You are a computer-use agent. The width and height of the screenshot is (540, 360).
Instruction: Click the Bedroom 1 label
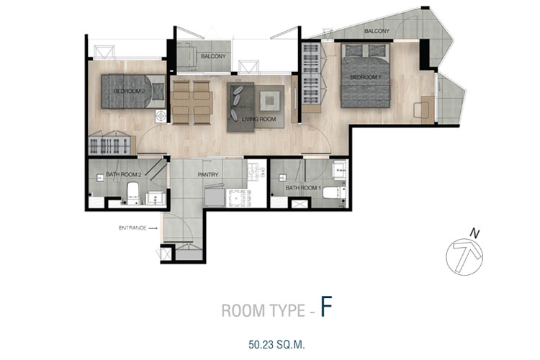(x=365, y=77)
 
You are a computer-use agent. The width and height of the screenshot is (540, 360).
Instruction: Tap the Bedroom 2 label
(x=127, y=91)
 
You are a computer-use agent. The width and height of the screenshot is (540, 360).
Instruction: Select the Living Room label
(x=258, y=120)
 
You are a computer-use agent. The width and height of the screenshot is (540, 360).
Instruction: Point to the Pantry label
(x=208, y=175)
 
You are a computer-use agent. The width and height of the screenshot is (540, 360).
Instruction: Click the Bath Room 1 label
(x=303, y=188)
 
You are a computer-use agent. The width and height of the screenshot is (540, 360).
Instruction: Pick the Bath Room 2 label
(x=124, y=174)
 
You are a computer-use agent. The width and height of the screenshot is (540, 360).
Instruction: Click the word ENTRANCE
(x=132, y=228)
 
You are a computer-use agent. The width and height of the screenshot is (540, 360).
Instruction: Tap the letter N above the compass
(x=474, y=234)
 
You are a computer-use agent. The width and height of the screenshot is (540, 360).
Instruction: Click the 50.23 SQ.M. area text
(x=276, y=344)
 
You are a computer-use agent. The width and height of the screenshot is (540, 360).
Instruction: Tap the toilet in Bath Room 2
(x=132, y=193)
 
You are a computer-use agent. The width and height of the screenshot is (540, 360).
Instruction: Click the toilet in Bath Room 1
(x=333, y=192)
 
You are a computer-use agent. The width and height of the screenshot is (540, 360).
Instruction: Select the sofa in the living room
(x=240, y=107)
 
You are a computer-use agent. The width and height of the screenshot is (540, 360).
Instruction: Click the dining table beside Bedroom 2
(x=192, y=102)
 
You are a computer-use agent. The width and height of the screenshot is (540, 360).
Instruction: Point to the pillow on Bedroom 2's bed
(x=158, y=91)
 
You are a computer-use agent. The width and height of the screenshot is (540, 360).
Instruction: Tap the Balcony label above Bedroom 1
(x=377, y=31)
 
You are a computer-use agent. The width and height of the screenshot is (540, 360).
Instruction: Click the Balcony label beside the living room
(x=213, y=56)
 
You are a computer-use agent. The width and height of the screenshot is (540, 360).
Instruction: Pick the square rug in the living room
(x=270, y=101)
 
